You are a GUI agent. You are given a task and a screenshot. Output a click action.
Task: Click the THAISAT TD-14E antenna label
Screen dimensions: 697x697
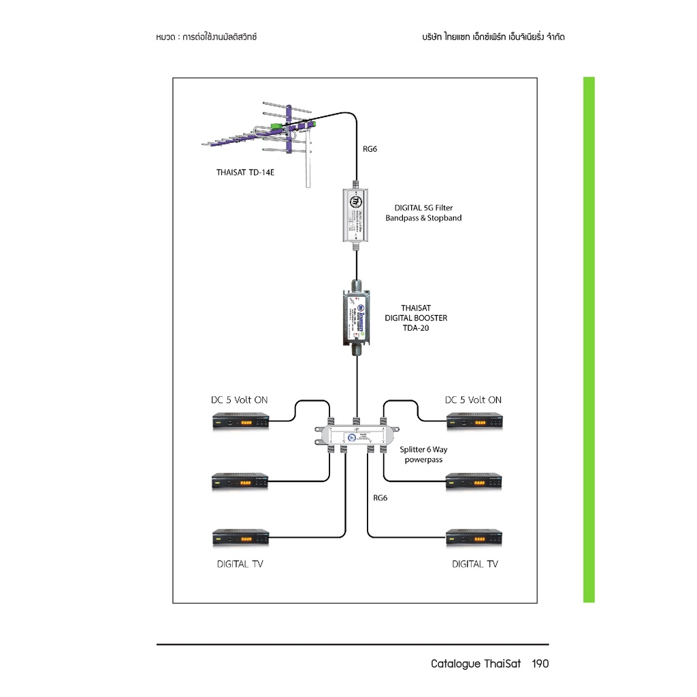246,172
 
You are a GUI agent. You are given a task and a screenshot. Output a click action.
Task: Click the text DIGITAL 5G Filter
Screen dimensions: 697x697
423,208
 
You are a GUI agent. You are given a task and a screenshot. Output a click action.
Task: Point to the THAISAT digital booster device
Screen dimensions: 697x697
356,317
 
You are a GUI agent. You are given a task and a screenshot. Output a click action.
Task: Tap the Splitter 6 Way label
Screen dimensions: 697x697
423,449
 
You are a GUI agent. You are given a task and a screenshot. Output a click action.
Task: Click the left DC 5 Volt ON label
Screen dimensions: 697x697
239,400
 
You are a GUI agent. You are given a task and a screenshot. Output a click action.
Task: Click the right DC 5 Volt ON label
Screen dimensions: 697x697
473,400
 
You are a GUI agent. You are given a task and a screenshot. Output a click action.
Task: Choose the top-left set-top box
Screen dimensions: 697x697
241,422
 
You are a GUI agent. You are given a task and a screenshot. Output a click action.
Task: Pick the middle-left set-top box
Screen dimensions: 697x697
241,481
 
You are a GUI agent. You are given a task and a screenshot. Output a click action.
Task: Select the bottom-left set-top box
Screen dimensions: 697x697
241,537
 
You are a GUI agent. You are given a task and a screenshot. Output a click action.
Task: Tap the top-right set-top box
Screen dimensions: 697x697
474,422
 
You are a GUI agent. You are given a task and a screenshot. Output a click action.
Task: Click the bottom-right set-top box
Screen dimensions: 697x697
474,537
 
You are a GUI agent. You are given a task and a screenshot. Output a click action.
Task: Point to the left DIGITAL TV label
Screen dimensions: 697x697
240,564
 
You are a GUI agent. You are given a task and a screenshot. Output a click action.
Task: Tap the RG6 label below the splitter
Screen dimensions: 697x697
380,498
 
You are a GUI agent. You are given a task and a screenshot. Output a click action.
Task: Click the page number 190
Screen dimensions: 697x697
540,664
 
